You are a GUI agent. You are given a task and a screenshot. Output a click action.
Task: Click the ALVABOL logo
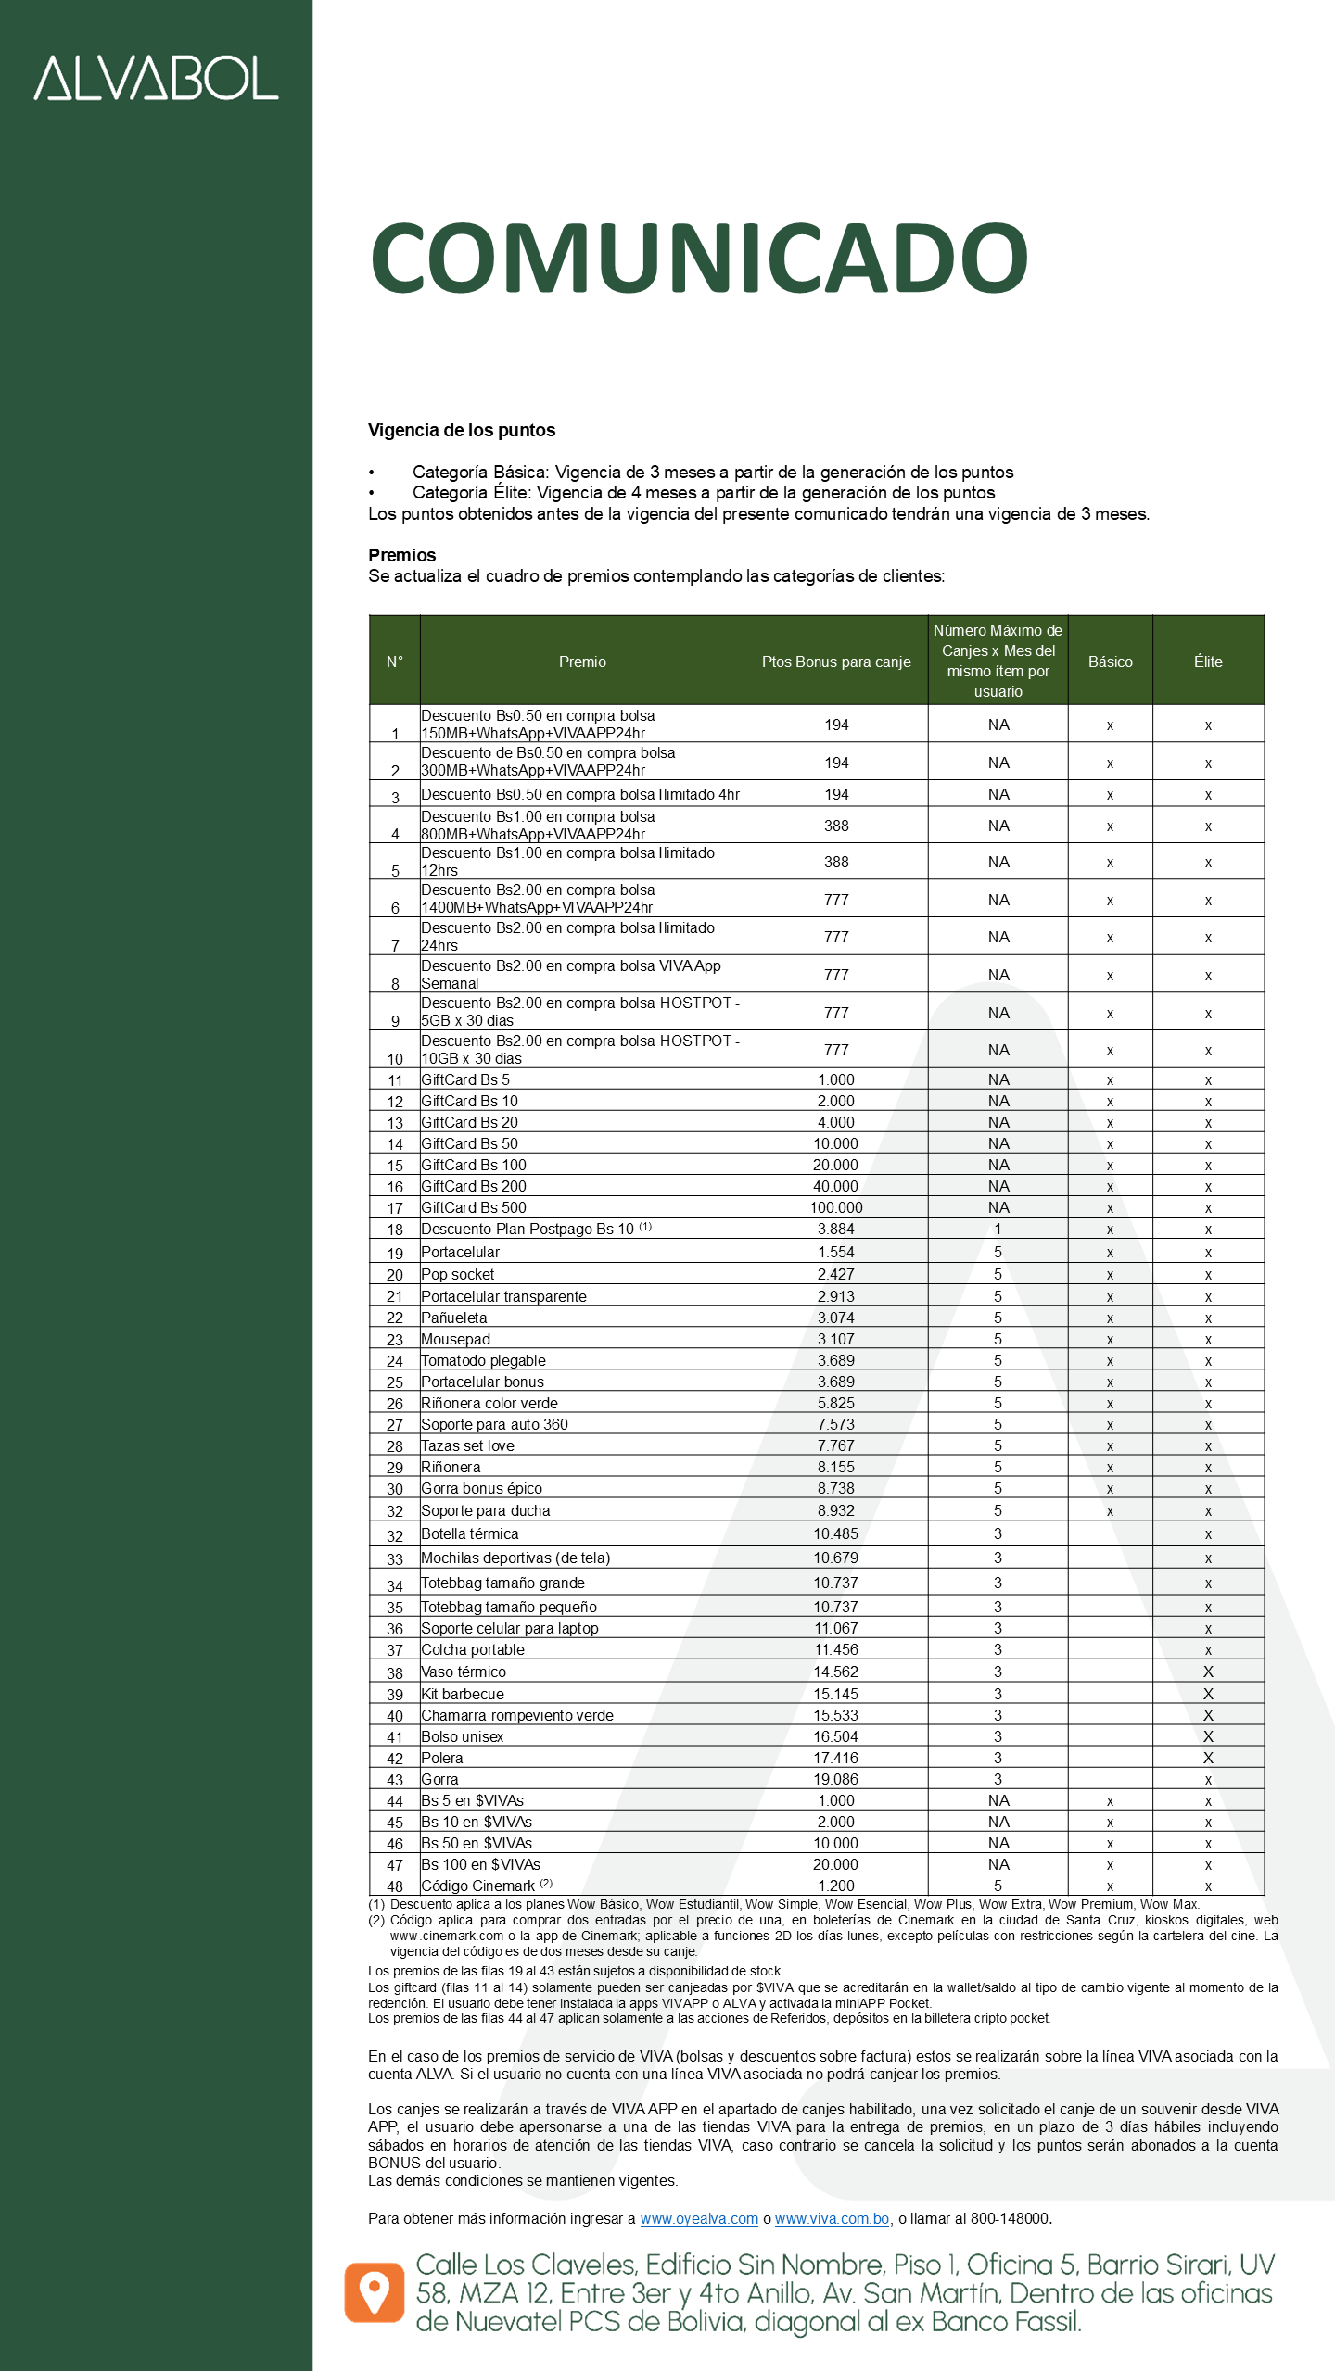coord(156,78)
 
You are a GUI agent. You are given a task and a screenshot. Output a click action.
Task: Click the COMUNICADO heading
coord(699,258)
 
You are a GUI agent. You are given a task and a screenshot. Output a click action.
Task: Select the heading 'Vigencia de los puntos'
coord(462,430)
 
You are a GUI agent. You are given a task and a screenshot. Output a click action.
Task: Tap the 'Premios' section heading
coord(401,555)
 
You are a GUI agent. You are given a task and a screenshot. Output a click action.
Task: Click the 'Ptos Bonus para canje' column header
coord(835,662)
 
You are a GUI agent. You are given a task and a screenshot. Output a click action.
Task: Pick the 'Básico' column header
coord(1110,662)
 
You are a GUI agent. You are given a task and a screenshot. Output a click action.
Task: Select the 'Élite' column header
coord(1207,662)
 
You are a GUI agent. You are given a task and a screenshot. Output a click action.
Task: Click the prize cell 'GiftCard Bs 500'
coord(474,1207)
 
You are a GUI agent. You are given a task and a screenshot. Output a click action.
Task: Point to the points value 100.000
coord(835,1207)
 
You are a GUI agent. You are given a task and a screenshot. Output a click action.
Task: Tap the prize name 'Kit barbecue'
coord(463,1694)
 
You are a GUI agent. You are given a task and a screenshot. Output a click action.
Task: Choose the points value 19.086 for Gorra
coord(835,1779)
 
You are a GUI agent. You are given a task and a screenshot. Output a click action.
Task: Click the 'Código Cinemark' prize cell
coord(478,1886)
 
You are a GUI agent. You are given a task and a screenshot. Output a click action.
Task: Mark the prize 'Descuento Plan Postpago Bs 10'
coord(528,1229)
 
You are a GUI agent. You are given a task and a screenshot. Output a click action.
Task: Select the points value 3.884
coord(835,1229)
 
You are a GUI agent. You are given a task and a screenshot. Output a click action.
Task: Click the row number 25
coord(395,1382)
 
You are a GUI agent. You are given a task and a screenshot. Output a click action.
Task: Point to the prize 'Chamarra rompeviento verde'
coord(517,1715)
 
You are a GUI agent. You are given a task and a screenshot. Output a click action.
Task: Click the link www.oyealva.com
coord(699,2218)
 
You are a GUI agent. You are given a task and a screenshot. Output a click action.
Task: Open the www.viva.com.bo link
coord(832,2218)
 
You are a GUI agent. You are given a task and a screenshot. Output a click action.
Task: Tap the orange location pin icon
coord(375,2292)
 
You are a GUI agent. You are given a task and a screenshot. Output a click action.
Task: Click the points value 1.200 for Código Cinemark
coord(835,1886)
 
